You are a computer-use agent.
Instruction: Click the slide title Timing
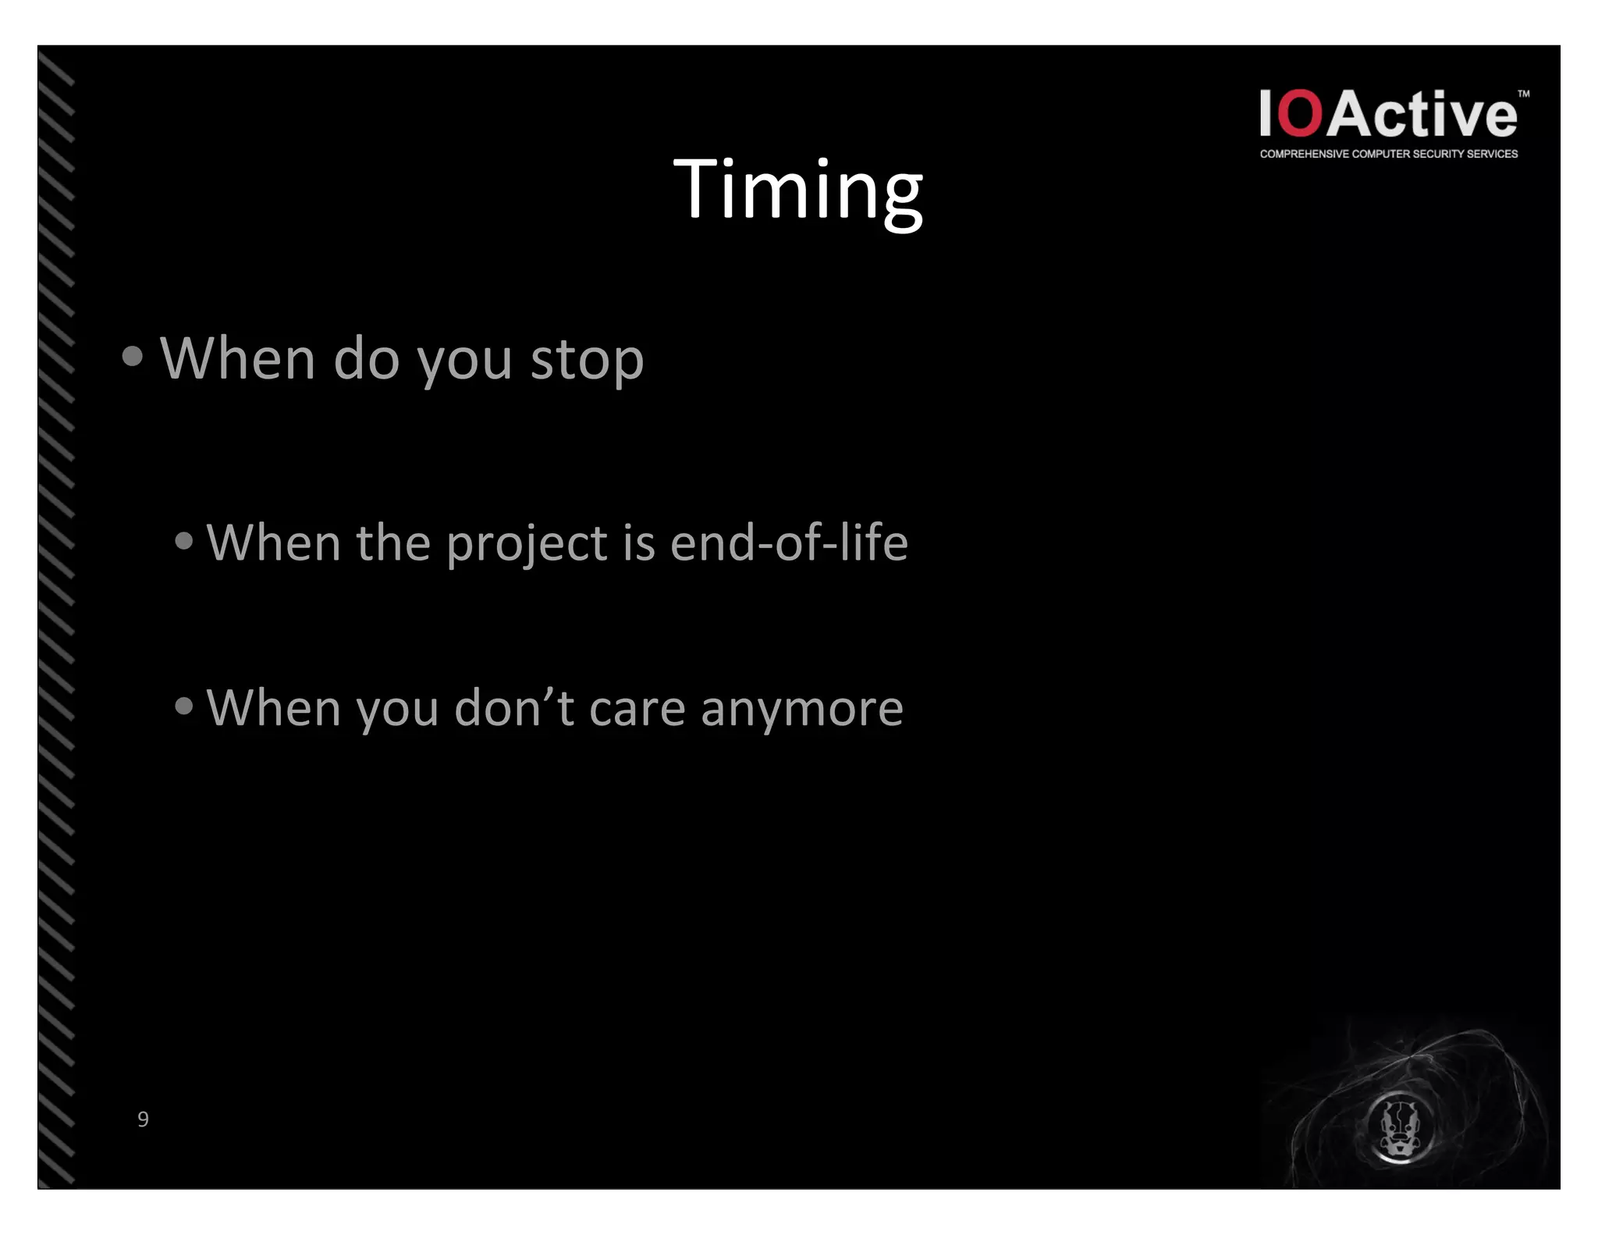coord(797,190)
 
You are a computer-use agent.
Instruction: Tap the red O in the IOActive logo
coord(1300,114)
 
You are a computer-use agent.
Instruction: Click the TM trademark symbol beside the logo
coord(1523,94)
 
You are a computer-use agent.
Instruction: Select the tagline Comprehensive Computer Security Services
coord(1388,154)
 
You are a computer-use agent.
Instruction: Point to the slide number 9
coord(143,1119)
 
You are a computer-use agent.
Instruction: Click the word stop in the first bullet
coord(587,360)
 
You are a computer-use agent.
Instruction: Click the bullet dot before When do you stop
coord(133,357)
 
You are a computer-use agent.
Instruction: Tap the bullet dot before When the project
coord(184,541)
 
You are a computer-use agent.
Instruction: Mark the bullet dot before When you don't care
coord(184,706)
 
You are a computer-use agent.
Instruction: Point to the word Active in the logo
coord(1422,114)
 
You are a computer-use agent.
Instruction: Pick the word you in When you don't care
coord(397,709)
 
